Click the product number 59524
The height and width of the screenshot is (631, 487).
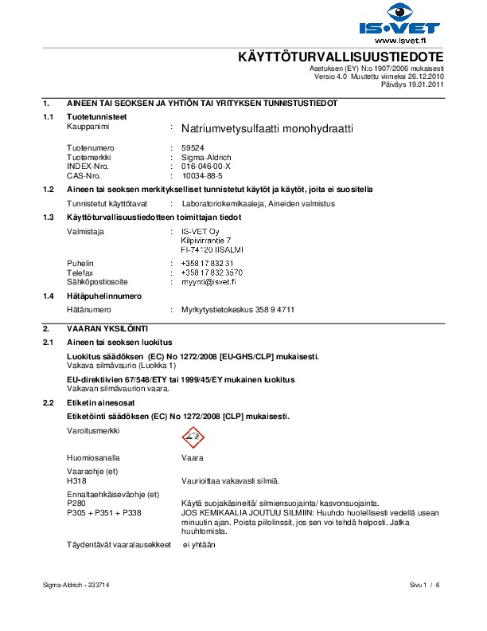193,148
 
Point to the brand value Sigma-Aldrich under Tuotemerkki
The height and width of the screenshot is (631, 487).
206,157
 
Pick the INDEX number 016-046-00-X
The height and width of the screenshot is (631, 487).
206,166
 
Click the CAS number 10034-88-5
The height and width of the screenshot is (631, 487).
204,174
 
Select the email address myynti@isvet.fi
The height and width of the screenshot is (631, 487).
208,281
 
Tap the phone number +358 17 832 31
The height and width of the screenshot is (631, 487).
208,263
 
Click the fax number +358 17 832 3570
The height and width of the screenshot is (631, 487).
212,272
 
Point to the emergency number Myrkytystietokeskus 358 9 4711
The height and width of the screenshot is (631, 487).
238,308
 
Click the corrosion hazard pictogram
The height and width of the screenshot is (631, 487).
190,435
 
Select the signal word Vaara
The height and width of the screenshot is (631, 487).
193,459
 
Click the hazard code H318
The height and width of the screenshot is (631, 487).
76,480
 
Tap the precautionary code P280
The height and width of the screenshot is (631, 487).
76,504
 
